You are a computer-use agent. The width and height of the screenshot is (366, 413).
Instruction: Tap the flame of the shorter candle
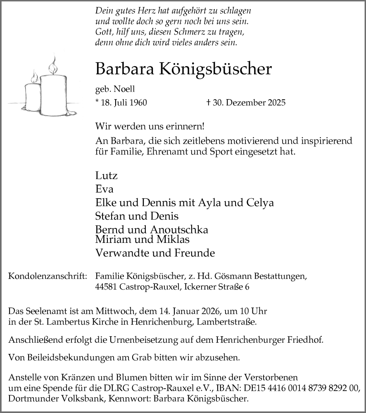(x=35, y=76)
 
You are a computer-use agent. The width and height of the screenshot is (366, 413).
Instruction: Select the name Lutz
(x=107, y=176)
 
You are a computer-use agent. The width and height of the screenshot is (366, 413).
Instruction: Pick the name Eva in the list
(x=104, y=189)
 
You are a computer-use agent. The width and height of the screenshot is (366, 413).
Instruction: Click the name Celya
(x=260, y=203)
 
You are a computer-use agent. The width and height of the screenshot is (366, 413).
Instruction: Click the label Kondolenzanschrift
(x=48, y=276)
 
